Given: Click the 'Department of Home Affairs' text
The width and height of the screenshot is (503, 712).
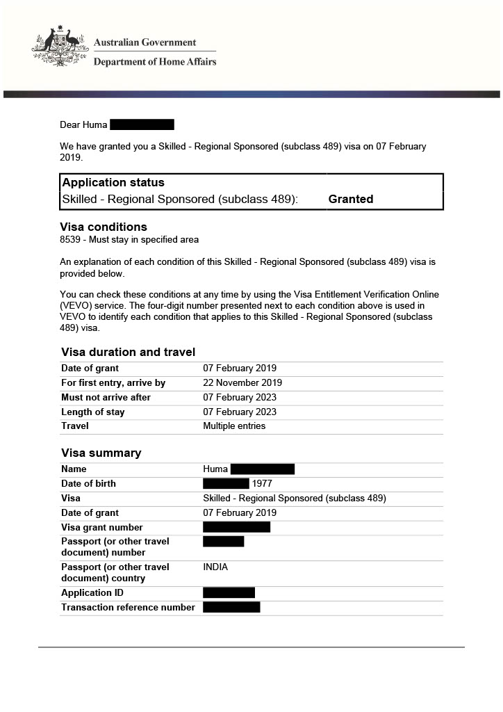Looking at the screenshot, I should [x=154, y=62].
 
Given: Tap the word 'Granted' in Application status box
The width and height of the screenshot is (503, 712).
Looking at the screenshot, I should [x=350, y=199].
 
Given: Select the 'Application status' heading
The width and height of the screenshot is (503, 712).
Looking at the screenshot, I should [x=113, y=183].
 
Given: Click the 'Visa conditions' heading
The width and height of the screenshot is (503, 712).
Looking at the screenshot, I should [x=104, y=227].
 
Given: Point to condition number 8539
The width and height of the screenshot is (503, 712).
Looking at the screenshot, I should [x=72, y=240].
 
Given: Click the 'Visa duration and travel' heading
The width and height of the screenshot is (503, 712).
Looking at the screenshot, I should [x=128, y=352].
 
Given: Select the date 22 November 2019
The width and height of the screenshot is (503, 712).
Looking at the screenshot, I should [x=242, y=383].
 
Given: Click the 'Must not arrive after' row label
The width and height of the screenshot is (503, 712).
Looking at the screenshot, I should [x=106, y=398].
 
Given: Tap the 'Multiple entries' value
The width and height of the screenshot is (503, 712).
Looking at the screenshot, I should [x=234, y=426].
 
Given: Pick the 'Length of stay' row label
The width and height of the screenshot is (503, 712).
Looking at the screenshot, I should [x=92, y=412].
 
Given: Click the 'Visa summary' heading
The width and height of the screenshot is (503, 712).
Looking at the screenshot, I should [x=101, y=453].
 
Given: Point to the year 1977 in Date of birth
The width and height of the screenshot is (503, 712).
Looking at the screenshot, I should [x=262, y=484].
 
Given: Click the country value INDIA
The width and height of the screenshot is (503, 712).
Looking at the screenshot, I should [x=215, y=567].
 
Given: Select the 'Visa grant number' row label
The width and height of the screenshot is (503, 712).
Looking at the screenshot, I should [x=101, y=528].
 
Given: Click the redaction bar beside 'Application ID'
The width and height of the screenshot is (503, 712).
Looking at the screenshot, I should [x=229, y=592].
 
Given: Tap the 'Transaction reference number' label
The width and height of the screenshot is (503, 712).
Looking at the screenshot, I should [x=128, y=608].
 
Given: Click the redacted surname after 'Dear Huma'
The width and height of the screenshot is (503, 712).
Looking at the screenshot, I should [x=142, y=125].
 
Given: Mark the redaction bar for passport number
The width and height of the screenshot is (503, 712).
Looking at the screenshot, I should [x=223, y=541].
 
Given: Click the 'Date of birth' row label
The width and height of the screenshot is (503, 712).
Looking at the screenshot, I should [x=88, y=484].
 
